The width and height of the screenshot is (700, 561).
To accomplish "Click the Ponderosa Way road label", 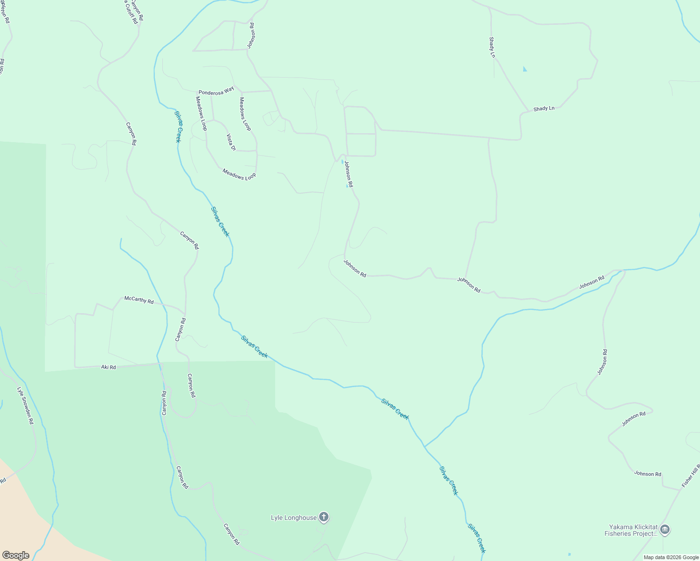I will click(216, 91).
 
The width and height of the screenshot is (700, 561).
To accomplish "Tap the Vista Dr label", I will click(231, 142).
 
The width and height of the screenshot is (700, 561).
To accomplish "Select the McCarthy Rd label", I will click(139, 300).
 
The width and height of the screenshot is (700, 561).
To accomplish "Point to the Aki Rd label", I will click(109, 367).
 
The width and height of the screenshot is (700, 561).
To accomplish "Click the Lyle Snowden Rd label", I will click(25, 405).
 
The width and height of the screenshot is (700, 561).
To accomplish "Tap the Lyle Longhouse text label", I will click(294, 518).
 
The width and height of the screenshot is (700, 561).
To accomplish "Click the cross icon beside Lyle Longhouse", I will click(324, 517).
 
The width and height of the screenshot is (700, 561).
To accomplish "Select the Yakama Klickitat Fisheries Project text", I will click(631, 530).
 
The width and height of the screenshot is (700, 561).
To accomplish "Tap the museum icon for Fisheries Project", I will click(665, 530).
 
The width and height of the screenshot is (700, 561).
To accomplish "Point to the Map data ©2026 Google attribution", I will click(671, 557).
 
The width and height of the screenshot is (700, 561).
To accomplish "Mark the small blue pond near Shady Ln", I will click(525, 69).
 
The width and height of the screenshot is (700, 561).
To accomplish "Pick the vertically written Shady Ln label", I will click(492, 47).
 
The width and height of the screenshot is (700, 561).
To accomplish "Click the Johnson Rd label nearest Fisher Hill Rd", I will click(648, 474).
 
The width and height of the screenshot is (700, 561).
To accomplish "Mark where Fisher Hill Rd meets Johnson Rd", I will click(680, 489).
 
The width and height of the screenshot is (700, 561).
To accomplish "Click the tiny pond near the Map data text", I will click(569, 554).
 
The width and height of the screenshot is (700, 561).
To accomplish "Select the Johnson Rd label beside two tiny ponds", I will click(349, 174).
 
